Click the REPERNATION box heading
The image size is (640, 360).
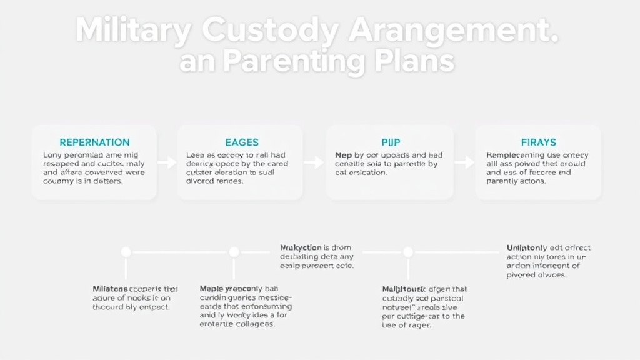click(x=94, y=142)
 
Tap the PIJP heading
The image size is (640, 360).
click(x=391, y=142)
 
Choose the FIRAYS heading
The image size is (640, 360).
click(x=538, y=142)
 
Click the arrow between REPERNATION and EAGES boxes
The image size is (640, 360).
click(x=167, y=162)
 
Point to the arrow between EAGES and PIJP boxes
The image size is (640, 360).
click(x=314, y=162)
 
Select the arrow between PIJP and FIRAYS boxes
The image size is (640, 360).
click(x=464, y=162)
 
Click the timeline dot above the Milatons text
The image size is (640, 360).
click(x=126, y=252)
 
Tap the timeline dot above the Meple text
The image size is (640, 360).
click(x=234, y=252)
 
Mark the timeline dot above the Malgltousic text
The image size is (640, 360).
click(x=407, y=252)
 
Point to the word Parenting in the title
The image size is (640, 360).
click(x=295, y=62)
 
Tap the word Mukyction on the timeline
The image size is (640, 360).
click(x=300, y=247)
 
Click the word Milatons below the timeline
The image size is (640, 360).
click(x=111, y=289)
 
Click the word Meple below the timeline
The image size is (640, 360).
click(x=211, y=289)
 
